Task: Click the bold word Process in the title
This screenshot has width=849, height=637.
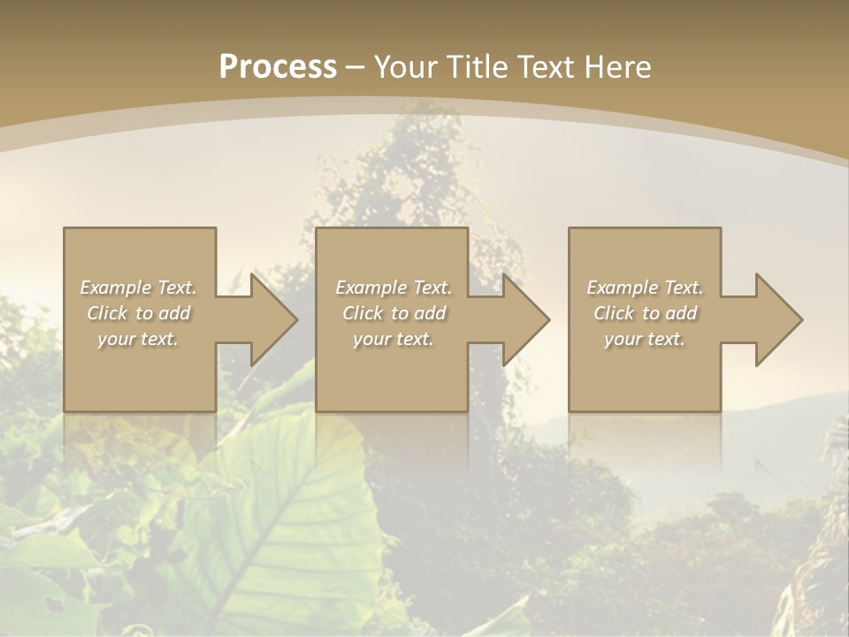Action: point(278,67)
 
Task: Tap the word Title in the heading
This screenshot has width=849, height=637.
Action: point(476,67)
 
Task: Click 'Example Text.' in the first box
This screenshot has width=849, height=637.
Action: point(138,288)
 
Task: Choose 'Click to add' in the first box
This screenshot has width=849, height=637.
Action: point(138,313)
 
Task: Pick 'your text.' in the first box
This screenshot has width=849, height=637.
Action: point(138,339)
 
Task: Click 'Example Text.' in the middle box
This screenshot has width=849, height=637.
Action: point(394,288)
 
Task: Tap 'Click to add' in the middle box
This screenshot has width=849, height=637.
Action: point(394,313)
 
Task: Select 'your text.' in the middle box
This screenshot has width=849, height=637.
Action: point(394,339)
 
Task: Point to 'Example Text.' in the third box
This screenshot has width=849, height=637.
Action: point(645,288)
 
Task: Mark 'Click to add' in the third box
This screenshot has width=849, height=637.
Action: point(645,313)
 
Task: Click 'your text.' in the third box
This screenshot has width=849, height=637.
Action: point(645,339)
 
